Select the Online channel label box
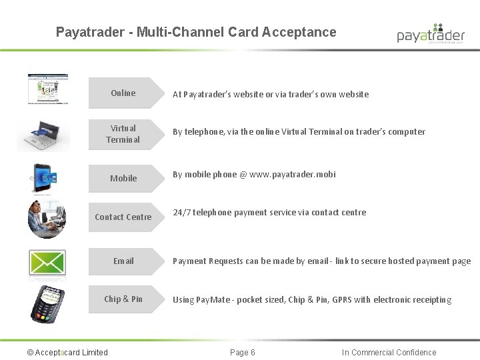pyautogui.click(x=124, y=93)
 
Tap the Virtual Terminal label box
pyautogui.click(x=124, y=134)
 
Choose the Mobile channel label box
pyautogui.click(x=124, y=178)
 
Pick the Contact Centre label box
pyautogui.click(x=124, y=217)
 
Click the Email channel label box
pyautogui.click(x=124, y=261)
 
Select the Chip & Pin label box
pyautogui.click(x=124, y=299)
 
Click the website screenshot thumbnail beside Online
pyautogui.click(x=48, y=89)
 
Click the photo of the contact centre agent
pyautogui.click(x=47, y=218)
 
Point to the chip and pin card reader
pyautogui.click(x=48, y=303)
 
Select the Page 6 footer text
pyautogui.click(x=242, y=353)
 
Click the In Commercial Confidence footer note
pyautogui.click(x=389, y=353)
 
